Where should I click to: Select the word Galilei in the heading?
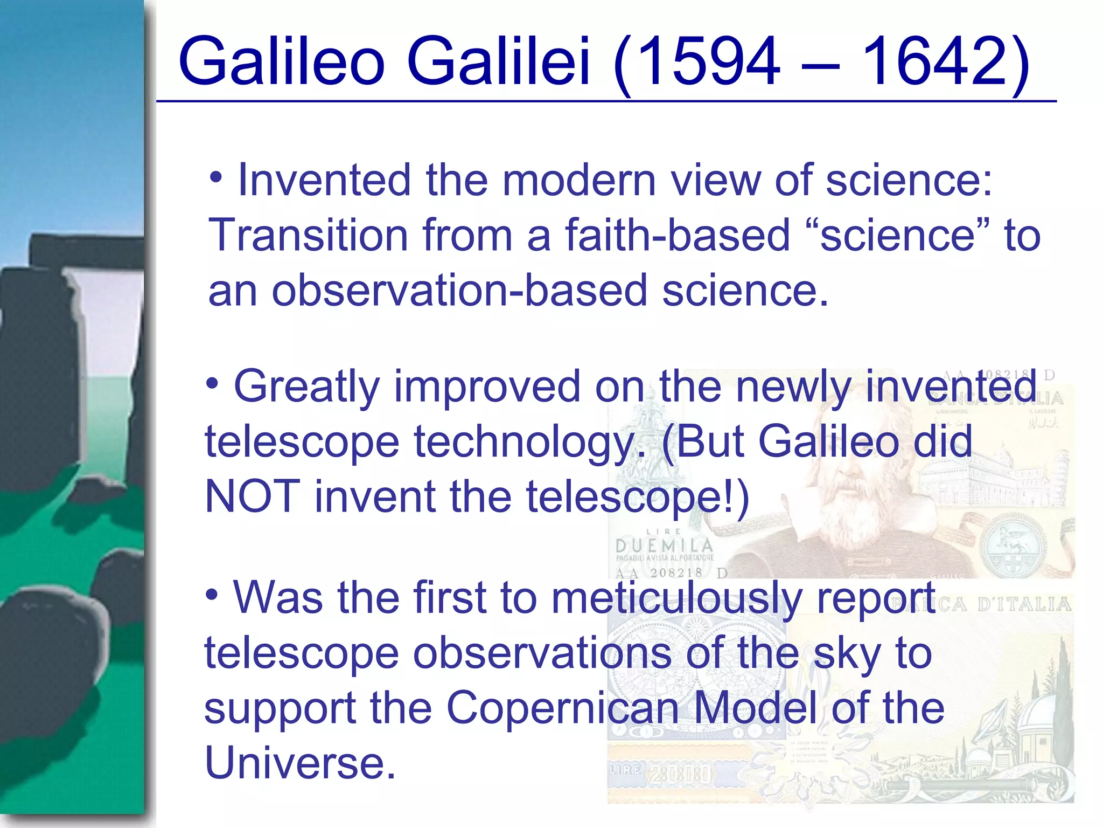[499, 60]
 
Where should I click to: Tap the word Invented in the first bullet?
[324, 180]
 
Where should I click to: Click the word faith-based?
[677, 235]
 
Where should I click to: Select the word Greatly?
[307, 387]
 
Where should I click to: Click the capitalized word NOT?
[252, 496]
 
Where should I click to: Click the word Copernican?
[563, 708]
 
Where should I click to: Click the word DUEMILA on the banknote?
[664, 546]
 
